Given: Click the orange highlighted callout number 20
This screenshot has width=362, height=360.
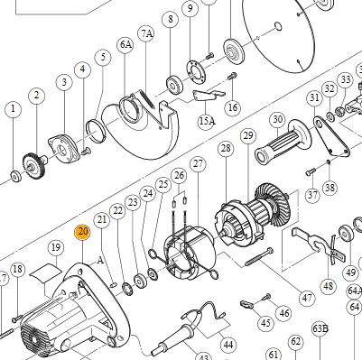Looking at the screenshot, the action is pos(83,232).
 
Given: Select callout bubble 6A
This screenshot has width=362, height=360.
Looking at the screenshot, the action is pos(125,44).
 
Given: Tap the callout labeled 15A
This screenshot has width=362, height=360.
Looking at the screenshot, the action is pos(207,121).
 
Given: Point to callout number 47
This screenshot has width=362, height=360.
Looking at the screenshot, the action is pos(307,298).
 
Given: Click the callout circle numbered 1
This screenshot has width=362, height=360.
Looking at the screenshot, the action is pos(13,109).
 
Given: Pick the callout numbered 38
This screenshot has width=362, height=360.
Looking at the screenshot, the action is pos(330,188).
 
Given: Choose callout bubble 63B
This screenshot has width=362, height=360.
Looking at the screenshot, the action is pos(320,328).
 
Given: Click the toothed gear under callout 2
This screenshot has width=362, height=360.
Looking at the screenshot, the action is pos(34,165).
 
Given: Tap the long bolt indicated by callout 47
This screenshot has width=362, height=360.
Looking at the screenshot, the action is pos(259,256).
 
